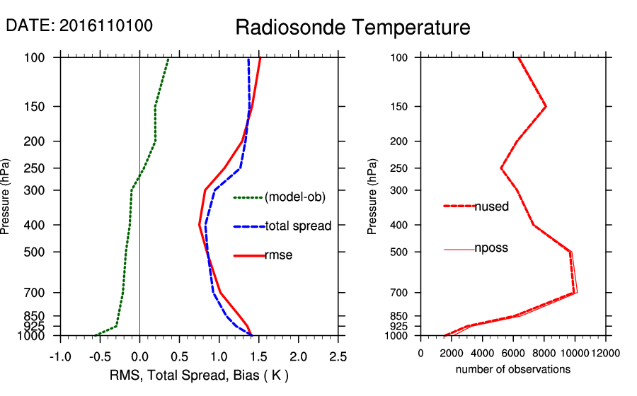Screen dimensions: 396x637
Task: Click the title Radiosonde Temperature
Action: coord(352,28)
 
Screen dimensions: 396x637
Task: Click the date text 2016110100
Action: coord(106,25)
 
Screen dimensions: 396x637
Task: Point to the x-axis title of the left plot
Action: coord(198,375)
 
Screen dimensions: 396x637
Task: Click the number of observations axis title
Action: coord(512,369)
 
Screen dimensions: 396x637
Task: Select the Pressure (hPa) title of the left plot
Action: coord(9,197)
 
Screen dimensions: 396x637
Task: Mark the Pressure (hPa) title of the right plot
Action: coord(372,197)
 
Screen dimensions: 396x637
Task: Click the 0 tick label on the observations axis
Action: coord(420,353)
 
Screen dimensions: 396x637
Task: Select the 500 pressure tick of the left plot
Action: coord(44,252)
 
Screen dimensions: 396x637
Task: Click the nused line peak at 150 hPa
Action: coord(546,106)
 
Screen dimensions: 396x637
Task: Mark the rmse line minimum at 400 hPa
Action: coord(200,225)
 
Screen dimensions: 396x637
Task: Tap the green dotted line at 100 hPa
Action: coord(168,59)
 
